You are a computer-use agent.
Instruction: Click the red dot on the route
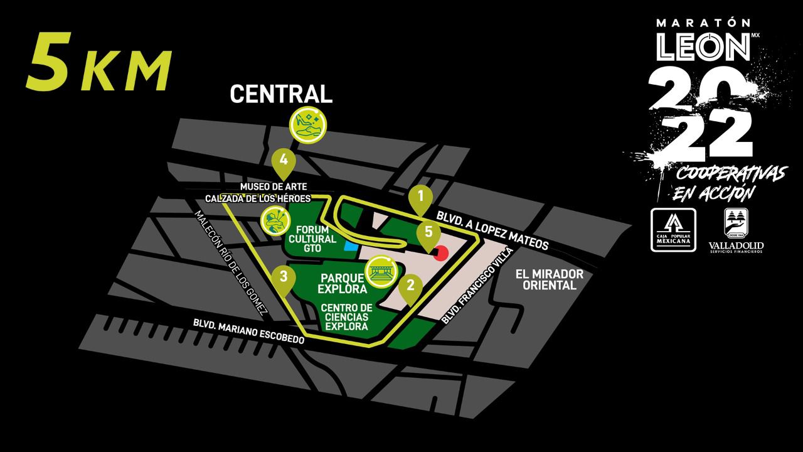441,253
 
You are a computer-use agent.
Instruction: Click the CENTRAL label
280,94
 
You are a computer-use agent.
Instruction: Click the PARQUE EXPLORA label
342,284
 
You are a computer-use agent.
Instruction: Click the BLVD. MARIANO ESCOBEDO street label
248,332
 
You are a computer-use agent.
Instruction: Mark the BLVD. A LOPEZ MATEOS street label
493,229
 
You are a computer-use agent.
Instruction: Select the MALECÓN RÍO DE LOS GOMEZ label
231,262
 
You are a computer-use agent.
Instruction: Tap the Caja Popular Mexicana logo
673,230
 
